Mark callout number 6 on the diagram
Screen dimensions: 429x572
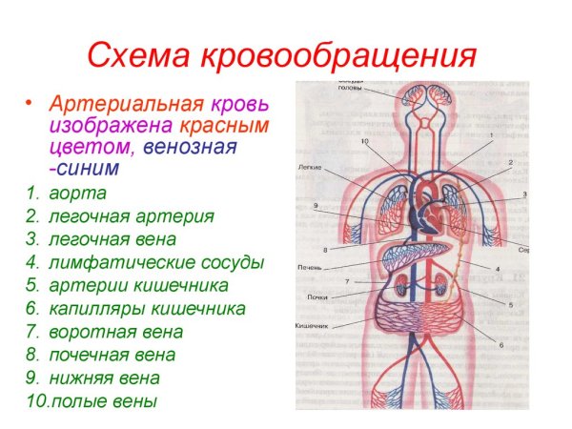pos(502,345)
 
